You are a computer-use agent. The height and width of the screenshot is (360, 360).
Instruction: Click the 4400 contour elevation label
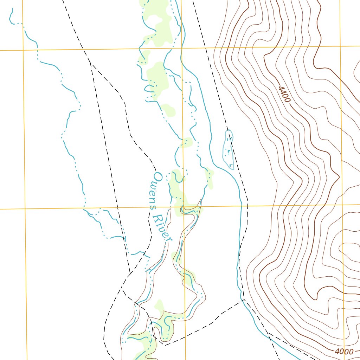(x=284, y=95)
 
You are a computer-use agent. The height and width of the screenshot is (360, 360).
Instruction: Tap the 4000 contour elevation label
(x=344, y=352)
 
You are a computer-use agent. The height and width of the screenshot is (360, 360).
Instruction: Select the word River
(x=163, y=227)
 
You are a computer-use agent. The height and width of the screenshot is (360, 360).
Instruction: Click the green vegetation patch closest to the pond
(x=210, y=178)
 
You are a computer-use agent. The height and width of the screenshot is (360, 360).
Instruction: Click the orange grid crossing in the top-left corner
(x=22, y=50)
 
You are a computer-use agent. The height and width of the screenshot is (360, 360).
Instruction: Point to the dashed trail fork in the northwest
(x=90, y=63)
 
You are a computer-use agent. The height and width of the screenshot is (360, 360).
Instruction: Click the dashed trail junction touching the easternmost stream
(x=243, y=300)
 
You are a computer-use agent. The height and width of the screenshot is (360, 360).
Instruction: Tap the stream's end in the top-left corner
(x=12, y=8)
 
